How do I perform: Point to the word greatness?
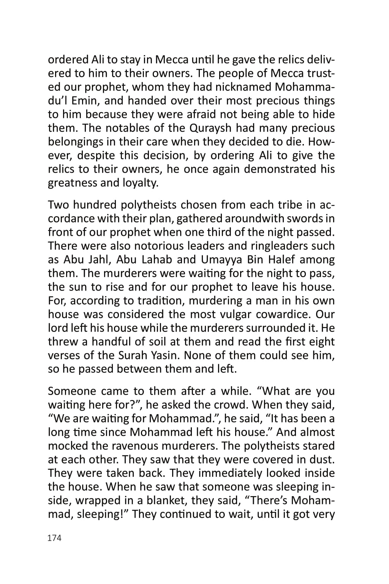72,183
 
